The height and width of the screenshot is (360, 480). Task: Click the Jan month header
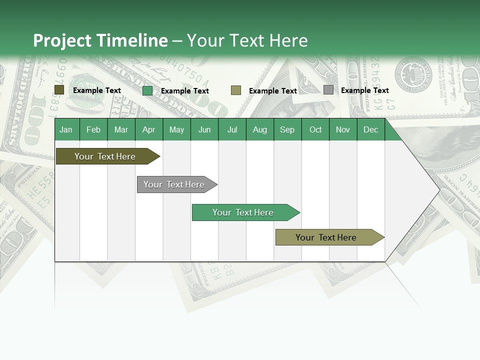tap(66, 129)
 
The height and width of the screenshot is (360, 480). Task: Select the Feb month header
tap(93, 129)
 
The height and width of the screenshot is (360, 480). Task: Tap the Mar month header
tap(121, 129)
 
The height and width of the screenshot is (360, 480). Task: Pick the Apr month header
tap(149, 129)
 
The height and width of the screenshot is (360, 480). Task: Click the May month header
tap(176, 129)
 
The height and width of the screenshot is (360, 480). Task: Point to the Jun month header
tap(204, 129)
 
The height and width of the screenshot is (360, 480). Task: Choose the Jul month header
tap(232, 129)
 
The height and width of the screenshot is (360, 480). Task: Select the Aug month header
tap(260, 129)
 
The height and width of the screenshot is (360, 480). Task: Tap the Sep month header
tap(287, 129)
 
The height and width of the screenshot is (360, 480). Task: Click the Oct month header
tap(315, 129)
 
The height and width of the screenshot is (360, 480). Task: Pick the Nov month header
tap(343, 129)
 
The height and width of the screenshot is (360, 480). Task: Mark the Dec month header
tap(371, 129)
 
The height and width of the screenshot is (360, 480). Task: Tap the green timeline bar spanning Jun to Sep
tap(243, 212)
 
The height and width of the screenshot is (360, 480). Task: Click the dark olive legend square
tap(59, 90)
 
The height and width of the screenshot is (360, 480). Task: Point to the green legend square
tap(147, 90)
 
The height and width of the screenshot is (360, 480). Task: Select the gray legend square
tap(328, 90)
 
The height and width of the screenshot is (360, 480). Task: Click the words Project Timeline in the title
tap(100, 40)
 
